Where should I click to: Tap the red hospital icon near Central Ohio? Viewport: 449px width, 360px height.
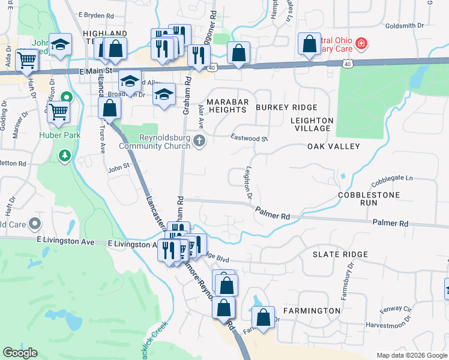pos(361,43)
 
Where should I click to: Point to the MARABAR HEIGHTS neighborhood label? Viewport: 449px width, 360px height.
pos(227,106)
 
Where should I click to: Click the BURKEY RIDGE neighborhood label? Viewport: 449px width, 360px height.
pos(286,107)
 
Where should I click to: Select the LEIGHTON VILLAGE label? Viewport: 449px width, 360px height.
pos(311,124)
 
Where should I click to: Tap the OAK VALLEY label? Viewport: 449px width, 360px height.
pos(333,146)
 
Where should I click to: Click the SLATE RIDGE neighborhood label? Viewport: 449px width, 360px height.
pos(340,254)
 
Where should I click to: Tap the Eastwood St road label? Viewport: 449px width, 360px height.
pos(249,138)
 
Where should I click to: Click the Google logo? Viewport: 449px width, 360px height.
pos(20,353)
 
